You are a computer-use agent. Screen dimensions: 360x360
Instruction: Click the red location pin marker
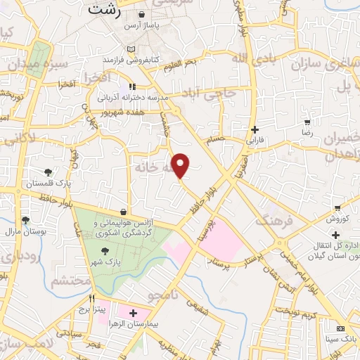point(181,166)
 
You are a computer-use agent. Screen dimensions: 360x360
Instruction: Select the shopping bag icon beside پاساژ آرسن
point(143,15)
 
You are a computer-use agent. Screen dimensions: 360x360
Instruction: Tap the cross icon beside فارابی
point(255,129)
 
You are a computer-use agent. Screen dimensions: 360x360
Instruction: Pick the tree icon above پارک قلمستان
point(48,172)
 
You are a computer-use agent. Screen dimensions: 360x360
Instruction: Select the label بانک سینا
point(340,340)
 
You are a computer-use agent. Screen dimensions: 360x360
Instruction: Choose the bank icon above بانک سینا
point(340,328)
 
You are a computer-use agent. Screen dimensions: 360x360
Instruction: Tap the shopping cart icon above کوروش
point(338,207)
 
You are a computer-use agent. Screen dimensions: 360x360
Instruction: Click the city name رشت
point(106,11)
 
